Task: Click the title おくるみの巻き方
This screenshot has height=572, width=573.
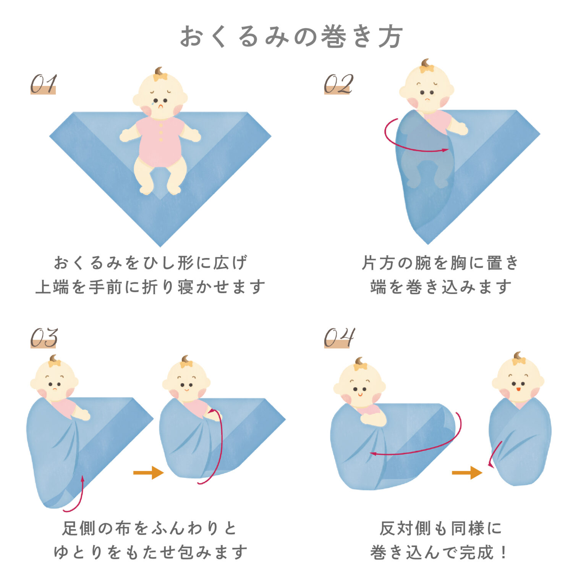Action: click(291, 37)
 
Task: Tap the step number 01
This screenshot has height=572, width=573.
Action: click(44, 84)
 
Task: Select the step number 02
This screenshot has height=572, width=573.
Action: click(338, 84)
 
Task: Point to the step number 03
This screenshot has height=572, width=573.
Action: click(44, 338)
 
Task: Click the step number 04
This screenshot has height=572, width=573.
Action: click(339, 338)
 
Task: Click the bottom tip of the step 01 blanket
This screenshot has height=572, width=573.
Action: click(160, 246)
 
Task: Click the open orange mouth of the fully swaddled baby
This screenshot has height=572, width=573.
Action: click(518, 389)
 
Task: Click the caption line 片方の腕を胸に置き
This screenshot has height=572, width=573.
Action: click(440, 263)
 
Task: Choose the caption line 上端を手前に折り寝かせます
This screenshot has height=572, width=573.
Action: click(150, 287)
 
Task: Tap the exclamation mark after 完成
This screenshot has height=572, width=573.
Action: click(504, 552)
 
